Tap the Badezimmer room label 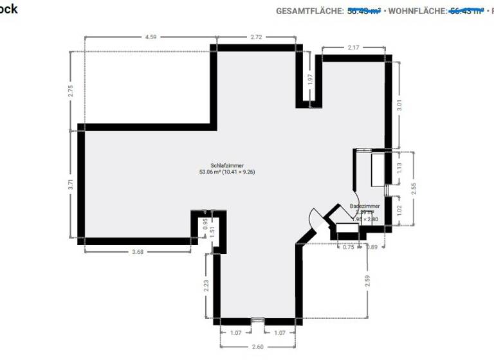[365, 206]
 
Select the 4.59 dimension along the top [151, 37]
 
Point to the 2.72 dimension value [256, 37]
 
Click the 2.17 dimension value [353, 48]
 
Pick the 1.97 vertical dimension [310, 80]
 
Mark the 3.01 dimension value [399, 105]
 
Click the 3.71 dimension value [71, 184]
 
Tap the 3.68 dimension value [137, 251]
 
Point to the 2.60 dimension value [257, 347]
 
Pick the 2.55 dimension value [414, 188]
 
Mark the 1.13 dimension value [399, 168]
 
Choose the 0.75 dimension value [348, 246]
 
